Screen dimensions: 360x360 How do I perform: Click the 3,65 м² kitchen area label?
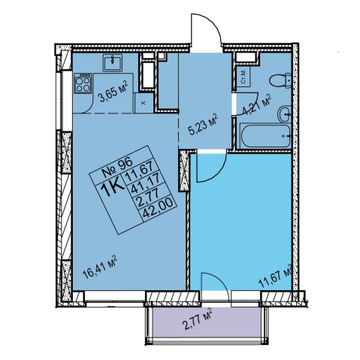tap(113, 92)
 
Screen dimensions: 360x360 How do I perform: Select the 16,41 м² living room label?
tap(100, 268)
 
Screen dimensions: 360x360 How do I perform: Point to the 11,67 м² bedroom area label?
tap(276, 276)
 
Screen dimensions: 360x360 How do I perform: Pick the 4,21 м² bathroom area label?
tap(258, 104)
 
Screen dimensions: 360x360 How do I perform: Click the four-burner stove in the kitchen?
tap(83, 83)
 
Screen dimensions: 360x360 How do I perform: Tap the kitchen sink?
tap(113, 63)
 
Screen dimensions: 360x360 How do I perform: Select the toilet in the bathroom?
tap(280, 80)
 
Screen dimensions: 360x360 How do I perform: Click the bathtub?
tap(264, 136)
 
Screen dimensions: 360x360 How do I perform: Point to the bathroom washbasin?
tap(284, 113)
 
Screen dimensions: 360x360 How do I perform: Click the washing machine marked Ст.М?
tap(244, 77)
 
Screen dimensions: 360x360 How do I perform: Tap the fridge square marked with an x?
tap(144, 103)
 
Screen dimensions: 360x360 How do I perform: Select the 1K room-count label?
tap(113, 190)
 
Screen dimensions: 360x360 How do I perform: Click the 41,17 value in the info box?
tap(147, 184)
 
